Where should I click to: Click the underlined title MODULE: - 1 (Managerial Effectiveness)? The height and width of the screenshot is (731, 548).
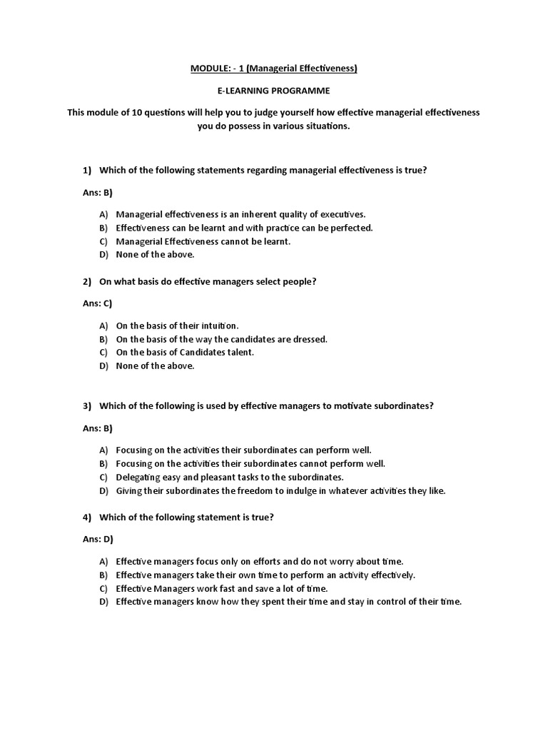273,69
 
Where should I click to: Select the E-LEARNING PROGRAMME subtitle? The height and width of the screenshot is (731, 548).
273,91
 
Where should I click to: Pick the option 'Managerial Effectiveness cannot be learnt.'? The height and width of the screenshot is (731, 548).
203,241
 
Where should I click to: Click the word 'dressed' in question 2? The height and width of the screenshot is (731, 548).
310,339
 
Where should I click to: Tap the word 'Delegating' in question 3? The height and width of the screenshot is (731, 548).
138,477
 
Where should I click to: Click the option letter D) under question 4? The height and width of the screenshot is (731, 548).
104,602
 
